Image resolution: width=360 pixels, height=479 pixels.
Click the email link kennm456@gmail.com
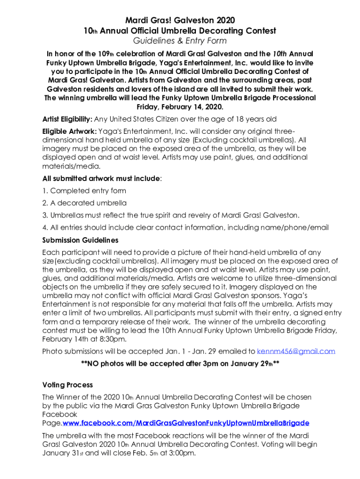(x=296, y=351)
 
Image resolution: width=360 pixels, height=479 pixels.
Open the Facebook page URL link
(x=186, y=423)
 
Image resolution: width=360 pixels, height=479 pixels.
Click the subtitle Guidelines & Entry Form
(x=180, y=42)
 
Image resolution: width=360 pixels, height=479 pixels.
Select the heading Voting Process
(x=68, y=385)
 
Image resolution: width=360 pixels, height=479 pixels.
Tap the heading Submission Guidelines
(x=80, y=240)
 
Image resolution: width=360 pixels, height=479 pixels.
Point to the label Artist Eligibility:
(x=67, y=119)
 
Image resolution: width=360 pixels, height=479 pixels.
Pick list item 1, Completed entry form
(x=84, y=191)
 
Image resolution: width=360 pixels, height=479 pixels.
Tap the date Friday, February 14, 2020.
(x=180, y=107)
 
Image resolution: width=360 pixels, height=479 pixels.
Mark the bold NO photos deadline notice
(x=180, y=363)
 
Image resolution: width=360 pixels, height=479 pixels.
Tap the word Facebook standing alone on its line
(x=60, y=414)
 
